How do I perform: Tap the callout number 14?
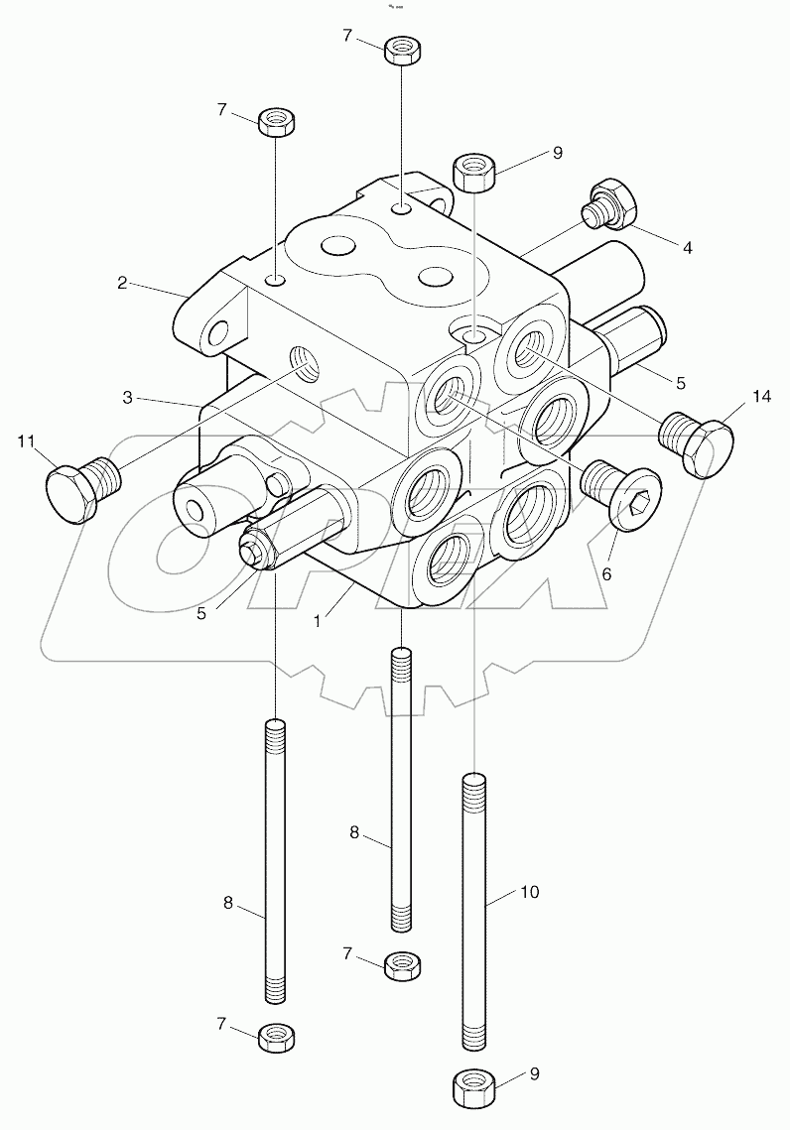click(761, 397)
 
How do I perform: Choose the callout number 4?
click(687, 246)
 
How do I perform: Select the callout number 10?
click(529, 893)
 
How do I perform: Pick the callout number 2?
click(121, 283)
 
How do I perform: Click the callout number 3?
click(128, 398)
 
